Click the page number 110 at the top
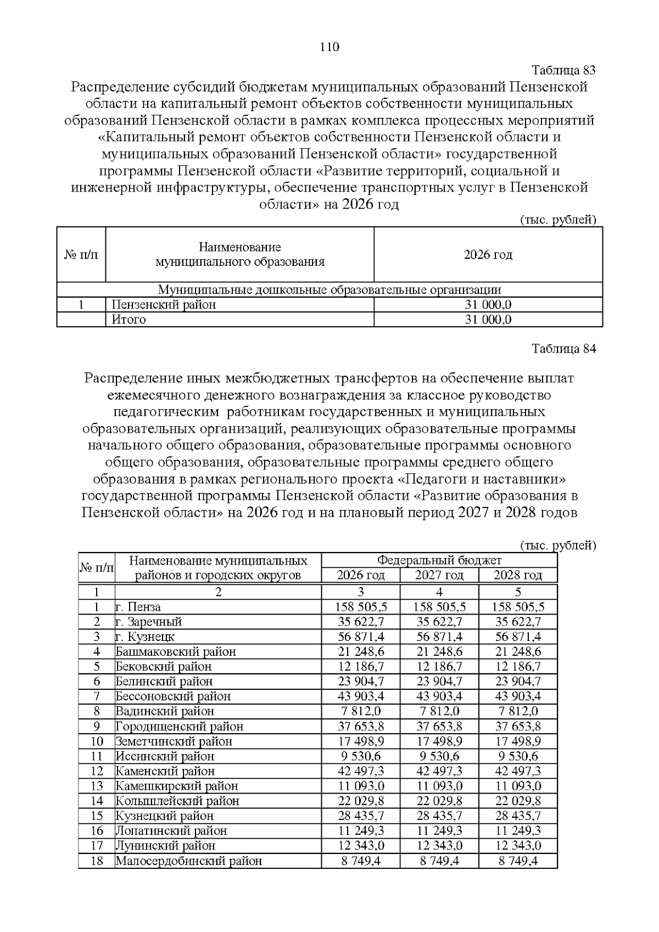329,47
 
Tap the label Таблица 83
564,70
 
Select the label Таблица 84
564,349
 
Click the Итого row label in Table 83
129,320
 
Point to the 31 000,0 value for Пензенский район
488,305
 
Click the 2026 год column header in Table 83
488,255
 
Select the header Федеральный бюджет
439,560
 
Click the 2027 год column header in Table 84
439,575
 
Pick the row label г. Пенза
138,607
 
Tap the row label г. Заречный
148,622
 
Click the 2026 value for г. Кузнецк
360,637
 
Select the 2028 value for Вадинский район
518,711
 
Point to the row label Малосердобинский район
188,861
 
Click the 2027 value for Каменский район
439,771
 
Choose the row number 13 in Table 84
97,786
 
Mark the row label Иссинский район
165,756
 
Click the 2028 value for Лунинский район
518,846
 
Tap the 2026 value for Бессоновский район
360,696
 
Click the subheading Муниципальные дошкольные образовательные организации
329,290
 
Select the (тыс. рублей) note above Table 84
557,545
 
